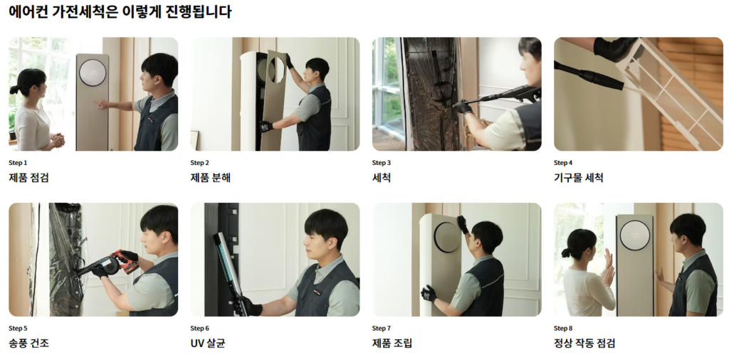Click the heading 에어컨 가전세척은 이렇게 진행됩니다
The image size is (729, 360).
[120, 11]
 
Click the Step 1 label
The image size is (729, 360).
[18, 163]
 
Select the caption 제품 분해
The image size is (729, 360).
[210, 177]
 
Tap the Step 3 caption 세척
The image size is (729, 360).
[382, 177]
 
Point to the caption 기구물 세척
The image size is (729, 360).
[578, 177]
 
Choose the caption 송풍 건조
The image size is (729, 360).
[28, 343]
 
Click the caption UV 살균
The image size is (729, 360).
[208, 343]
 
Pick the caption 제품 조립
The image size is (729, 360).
[392, 343]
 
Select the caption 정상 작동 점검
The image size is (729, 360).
[584, 343]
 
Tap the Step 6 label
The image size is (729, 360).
[200, 329]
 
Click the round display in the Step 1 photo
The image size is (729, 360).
[92, 73]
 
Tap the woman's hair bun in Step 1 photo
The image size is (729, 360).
[14, 90]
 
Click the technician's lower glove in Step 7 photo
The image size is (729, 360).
[429, 294]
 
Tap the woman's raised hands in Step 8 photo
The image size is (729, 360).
[608, 268]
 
